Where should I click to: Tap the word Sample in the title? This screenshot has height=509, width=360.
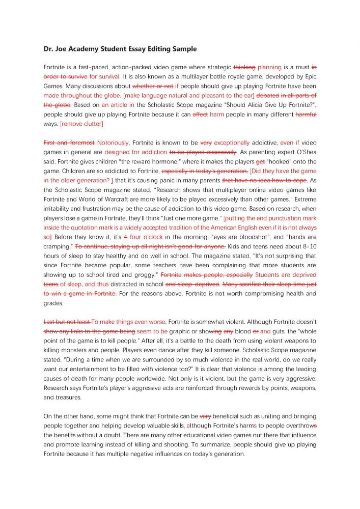[x=182, y=49]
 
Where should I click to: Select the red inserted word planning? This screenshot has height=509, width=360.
[x=269, y=67]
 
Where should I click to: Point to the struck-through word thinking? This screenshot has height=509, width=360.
[x=244, y=67]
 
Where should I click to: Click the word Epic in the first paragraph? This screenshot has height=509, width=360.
[x=308, y=76]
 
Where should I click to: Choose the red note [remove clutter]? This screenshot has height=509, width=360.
[x=81, y=124]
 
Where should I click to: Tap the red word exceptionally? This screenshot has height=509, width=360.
[x=232, y=143]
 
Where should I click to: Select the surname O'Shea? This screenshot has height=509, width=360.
[x=303, y=152]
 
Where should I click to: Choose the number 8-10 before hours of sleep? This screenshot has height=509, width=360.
[x=307, y=246]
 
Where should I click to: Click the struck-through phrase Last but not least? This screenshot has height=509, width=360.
[x=67, y=322]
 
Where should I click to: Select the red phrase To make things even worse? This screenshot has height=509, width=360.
[x=128, y=322]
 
